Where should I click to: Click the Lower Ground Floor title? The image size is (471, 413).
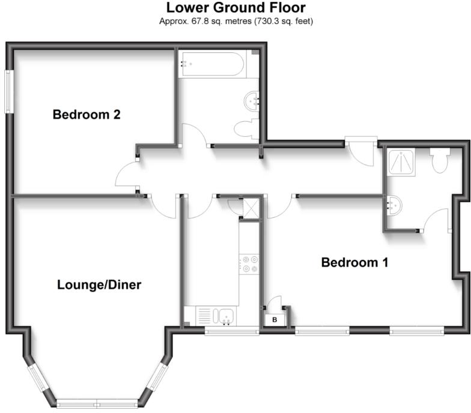pyautogui.click(x=235, y=8)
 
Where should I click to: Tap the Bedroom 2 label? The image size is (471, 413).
pyautogui.click(x=87, y=114)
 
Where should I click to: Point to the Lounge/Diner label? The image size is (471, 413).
pyautogui.click(x=99, y=285)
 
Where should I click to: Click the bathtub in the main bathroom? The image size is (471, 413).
pyautogui.click(x=211, y=65)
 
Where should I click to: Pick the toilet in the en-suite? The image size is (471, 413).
pyautogui.click(x=440, y=160)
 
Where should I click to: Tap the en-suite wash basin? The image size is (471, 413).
pyautogui.click(x=395, y=205)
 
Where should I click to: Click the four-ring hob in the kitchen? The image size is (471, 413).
pyautogui.click(x=249, y=265)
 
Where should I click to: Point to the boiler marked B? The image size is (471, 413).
pyautogui.click(x=275, y=319)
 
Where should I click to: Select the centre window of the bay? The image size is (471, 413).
pyautogui.click(x=99, y=401)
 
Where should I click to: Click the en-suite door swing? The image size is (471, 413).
pyautogui.click(x=436, y=221)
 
